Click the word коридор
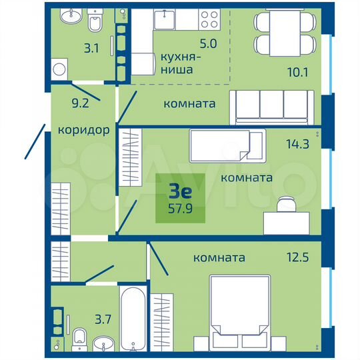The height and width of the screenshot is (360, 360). pos(83,130)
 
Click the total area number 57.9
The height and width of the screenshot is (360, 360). pos(180,209)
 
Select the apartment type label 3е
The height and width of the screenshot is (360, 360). pos(180,192)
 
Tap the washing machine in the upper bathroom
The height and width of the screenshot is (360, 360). pos(61,69)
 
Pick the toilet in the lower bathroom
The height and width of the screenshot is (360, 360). pos(79,336)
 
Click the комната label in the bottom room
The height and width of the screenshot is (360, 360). pos(219,257)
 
